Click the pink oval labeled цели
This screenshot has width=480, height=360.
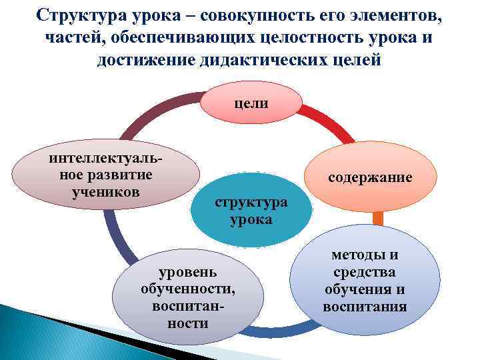tap(251, 104)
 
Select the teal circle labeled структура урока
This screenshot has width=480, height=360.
tap(251, 211)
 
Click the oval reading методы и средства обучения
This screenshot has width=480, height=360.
tap(365, 280)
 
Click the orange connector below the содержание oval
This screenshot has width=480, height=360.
tap(378, 218)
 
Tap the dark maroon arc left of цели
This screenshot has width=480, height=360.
tap(159, 113)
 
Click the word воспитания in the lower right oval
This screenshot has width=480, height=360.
tap(365, 307)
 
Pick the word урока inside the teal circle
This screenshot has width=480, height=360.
tap(251, 219)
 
